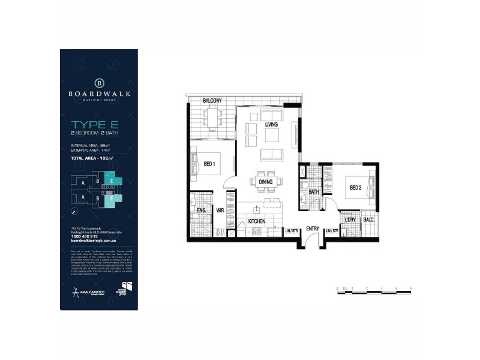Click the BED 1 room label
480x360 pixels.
click(x=210, y=163)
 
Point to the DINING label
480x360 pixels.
click(x=266, y=182)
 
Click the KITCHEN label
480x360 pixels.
click(x=257, y=221)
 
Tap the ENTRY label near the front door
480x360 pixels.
click(x=312, y=228)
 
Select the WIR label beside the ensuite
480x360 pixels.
click(x=220, y=211)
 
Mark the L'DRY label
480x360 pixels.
click(x=350, y=220)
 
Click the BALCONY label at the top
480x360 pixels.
click(x=213, y=100)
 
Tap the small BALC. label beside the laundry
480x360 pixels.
click(x=369, y=220)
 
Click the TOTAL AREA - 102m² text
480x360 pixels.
click(x=92, y=158)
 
